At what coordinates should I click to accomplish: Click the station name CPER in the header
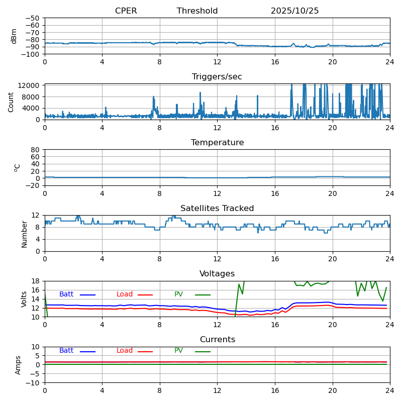coord(126,11)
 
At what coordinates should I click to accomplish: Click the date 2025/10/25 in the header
coord(294,11)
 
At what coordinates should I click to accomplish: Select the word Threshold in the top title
coord(197,11)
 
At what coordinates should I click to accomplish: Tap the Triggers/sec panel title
coord(217,77)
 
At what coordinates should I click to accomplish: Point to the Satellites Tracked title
coord(217,209)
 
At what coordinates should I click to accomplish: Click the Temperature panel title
coord(217,143)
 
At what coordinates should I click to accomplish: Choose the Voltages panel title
coord(217,274)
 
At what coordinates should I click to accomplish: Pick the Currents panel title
coord(217,340)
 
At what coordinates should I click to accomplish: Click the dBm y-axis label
coord(14,36)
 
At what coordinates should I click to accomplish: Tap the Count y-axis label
coord(11,102)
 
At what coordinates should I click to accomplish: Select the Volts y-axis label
coord(24,299)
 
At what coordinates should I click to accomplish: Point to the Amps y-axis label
coord(18,365)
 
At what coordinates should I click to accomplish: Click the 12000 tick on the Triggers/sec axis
coord(31,86)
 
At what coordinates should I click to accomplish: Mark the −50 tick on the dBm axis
coord(33,18)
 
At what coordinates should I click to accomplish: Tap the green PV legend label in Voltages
coord(178,294)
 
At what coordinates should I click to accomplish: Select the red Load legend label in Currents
coord(125,351)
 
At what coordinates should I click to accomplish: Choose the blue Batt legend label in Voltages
coord(66,294)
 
